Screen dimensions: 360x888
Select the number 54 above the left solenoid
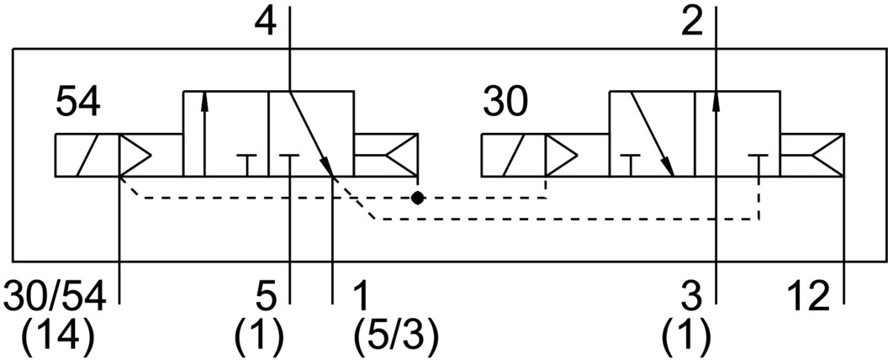[78, 103]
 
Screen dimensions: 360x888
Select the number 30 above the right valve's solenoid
[505, 103]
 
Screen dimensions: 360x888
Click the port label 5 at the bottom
[265, 296]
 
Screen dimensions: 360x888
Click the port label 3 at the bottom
[692, 296]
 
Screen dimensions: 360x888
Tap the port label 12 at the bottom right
[809, 296]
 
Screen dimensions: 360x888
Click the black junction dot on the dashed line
[417, 199]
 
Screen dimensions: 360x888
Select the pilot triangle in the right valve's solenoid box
[561, 156]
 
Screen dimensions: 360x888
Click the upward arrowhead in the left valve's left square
[203, 103]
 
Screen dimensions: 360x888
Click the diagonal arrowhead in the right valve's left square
[669, 167]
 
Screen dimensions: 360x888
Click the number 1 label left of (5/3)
[360, 296]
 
